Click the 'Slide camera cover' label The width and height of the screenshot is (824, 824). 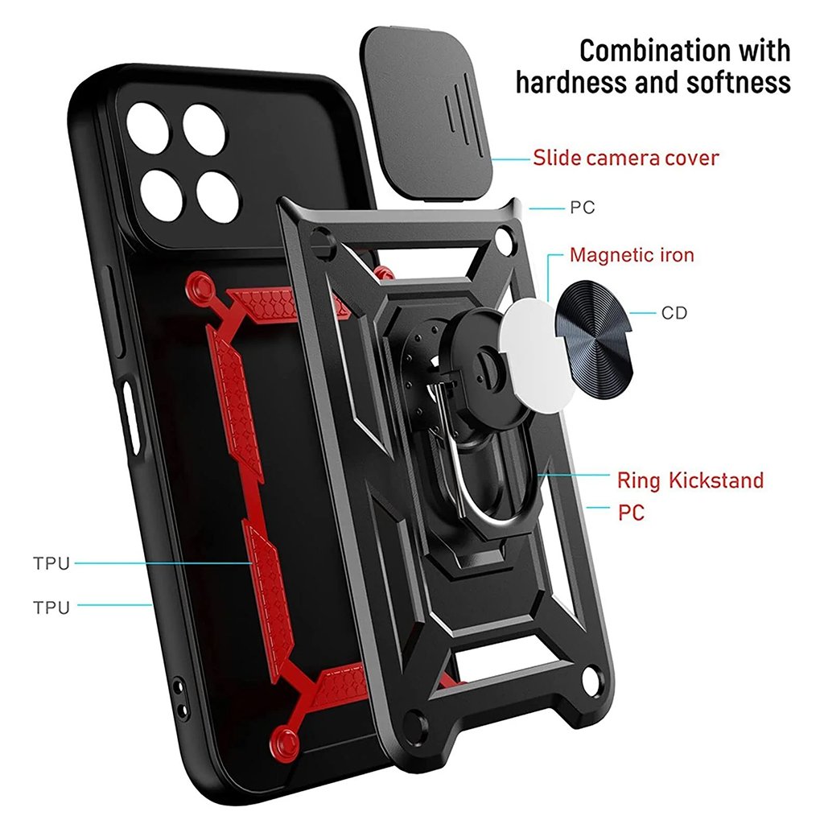pyautogui.click(x=625, y=158)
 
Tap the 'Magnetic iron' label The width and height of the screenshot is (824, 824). pyautogui.click(x=632, y=256)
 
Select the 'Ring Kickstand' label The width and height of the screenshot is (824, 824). pyautogui.click(x=690, y=481)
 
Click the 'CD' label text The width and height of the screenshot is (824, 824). pyautogui.click(x=674, y=313)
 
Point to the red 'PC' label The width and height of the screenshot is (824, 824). pyautogui.click(x=631, y=512)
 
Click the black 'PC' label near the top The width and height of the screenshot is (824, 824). pyautogui.click(x=582, y=208)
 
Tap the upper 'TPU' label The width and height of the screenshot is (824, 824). pyautogui.click(x=51, y=563)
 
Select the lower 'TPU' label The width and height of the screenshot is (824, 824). pyautogui.click(x=51, y=607)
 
